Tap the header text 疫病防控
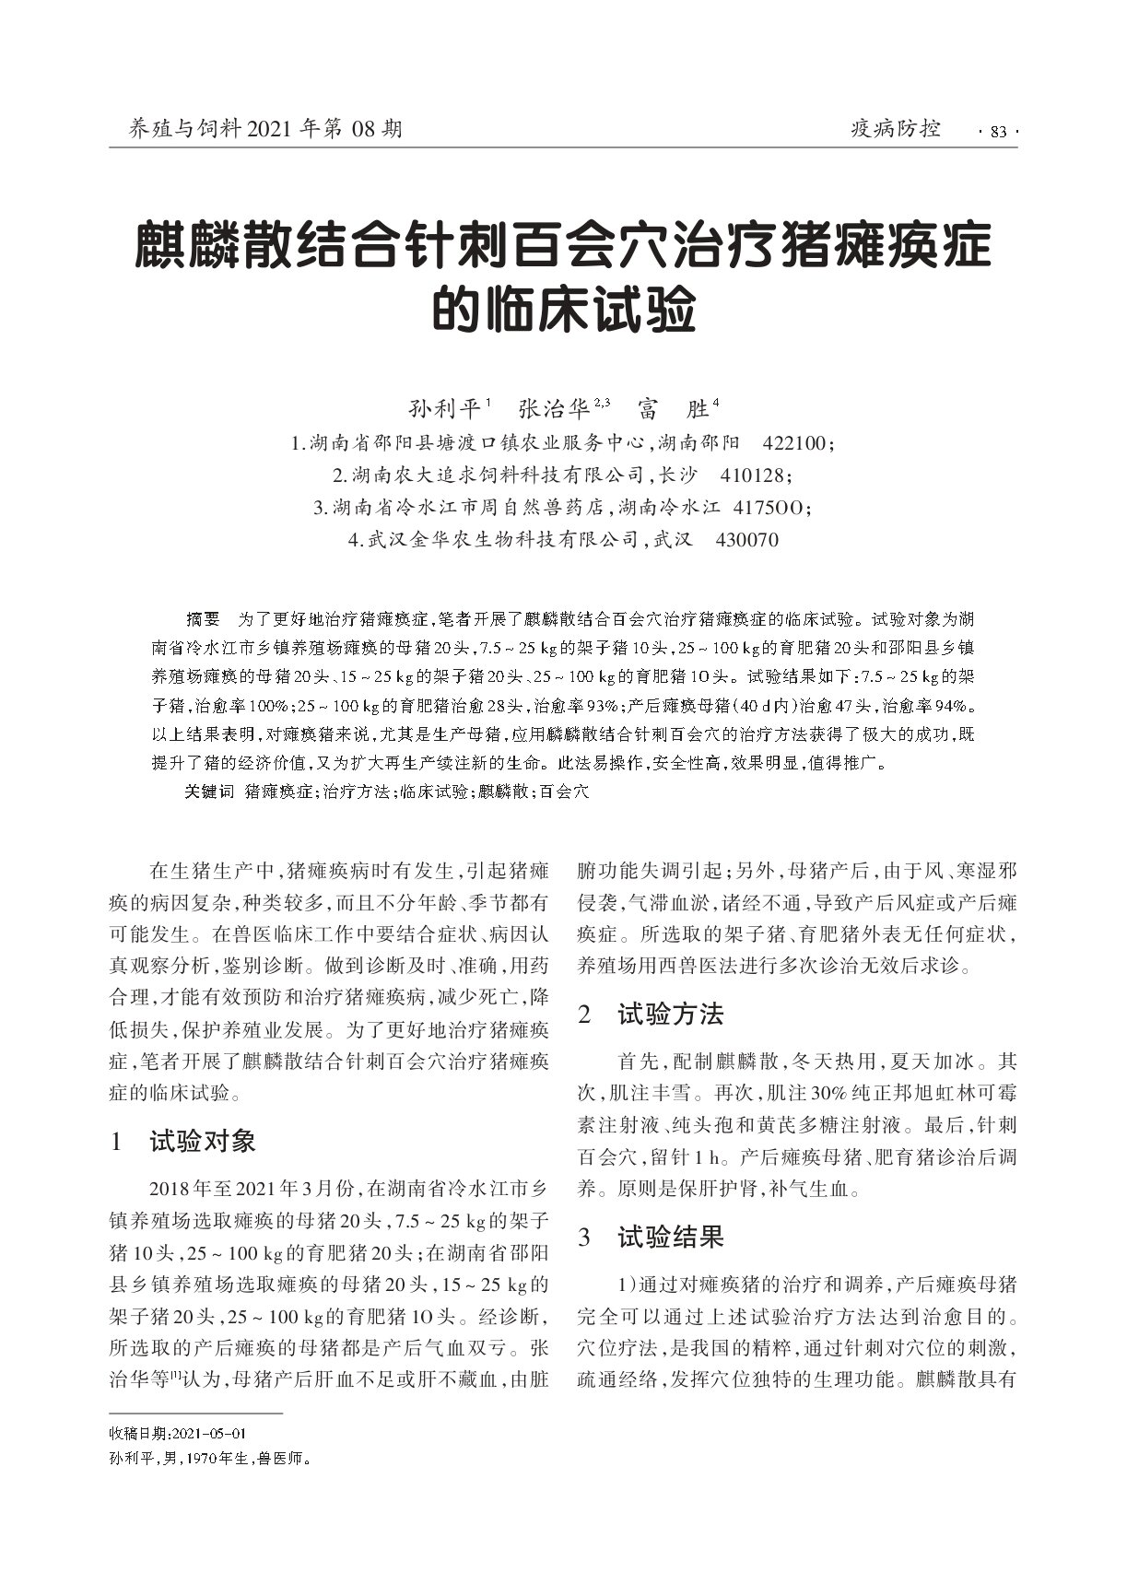click(895, 129)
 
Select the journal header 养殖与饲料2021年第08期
click(254, 129)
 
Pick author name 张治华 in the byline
click(554, 408)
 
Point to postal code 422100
click(795, 443)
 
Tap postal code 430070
click(746, 540)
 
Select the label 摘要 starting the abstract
click(203, 617)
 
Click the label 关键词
click(209, 792)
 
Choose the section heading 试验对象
click(203, 1142)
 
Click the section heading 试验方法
click(670, 1015)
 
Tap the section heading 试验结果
click(670, 1237)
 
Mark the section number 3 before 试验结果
click(583, 1238)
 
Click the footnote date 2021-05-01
click(210, 1434)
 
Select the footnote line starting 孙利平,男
click(209, 1460)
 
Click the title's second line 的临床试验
click(563, 311)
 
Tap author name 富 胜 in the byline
click(677, 408)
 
